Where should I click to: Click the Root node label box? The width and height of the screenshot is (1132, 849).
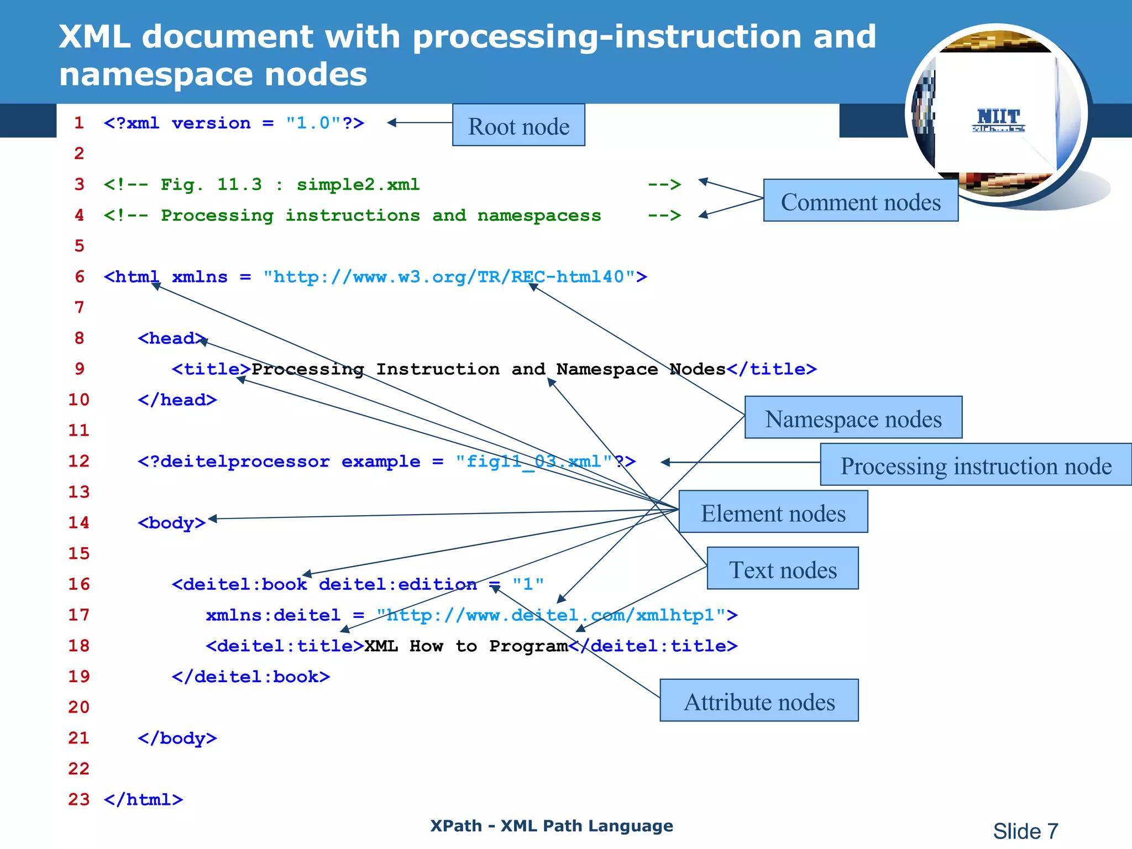(518, 125)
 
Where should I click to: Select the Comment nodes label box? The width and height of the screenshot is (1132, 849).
(860, 201)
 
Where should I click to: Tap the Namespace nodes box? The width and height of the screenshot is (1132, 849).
(853, 418)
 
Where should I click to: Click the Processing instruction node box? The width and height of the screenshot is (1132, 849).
(976, 465)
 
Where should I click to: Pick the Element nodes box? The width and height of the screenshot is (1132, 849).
(773, 512)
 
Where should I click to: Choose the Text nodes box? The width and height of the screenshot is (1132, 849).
(782, 569)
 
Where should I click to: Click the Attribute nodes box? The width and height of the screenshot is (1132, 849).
(759, 701)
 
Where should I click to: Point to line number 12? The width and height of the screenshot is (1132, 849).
(78, 461)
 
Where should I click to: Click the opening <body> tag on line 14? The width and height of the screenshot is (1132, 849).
(171, 523)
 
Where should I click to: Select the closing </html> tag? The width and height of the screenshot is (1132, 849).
(143, 800)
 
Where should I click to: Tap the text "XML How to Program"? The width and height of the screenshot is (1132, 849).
(465, 646)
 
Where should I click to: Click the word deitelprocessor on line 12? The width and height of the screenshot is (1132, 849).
(239, 462)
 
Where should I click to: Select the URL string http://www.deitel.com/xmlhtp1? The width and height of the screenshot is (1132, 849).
(555, 615)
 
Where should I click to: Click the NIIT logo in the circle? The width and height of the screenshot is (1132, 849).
(998, 119)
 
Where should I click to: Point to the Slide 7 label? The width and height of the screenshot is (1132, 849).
(1025, 831)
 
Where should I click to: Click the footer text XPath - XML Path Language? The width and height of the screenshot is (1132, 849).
(552, 826)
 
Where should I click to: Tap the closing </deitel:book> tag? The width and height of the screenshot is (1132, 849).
(250, 677)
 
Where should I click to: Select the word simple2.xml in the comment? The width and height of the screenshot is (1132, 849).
(358, 185)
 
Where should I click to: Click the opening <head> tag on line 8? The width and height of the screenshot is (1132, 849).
(171, 338)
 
